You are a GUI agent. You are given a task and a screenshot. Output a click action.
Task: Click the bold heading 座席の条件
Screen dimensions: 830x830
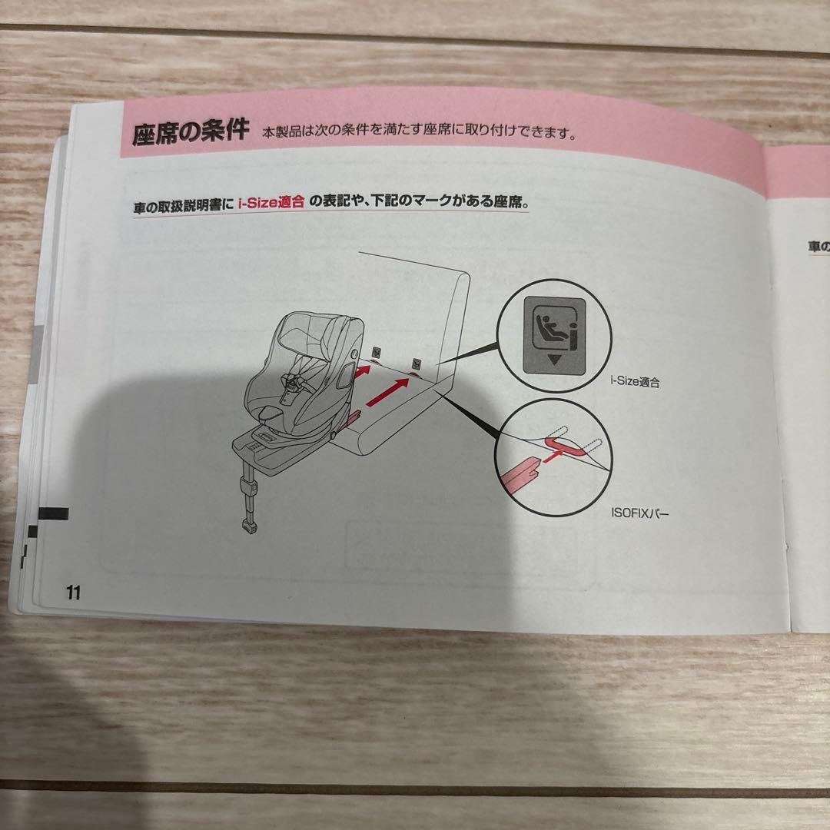(191, 132)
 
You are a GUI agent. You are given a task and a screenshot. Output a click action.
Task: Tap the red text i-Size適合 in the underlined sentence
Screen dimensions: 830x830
(271, 201)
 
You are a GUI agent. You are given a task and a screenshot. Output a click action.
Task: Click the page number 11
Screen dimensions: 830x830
(73, 593)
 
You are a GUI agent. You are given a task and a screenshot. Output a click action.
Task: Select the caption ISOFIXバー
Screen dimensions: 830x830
(639, 513)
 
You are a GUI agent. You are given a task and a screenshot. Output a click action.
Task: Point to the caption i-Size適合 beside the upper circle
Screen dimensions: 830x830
(635, 381)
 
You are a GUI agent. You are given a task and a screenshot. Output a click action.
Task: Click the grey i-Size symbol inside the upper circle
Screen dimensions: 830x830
(554, 336)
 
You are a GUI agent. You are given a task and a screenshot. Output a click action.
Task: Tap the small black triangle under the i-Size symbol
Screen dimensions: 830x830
(554, 360)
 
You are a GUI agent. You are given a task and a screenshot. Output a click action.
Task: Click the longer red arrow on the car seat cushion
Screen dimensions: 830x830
(387, 392)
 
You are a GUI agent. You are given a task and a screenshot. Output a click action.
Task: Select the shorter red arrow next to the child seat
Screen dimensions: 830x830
(361, 371)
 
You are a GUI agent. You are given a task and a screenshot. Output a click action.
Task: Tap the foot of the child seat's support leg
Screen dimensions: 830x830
(249, 525)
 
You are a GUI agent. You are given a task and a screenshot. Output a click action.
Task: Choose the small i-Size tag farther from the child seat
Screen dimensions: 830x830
(417, 364)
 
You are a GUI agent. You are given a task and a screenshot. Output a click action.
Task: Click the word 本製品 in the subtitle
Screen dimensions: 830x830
(281, 131)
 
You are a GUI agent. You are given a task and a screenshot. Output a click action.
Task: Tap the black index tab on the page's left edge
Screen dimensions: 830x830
(53, 513)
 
